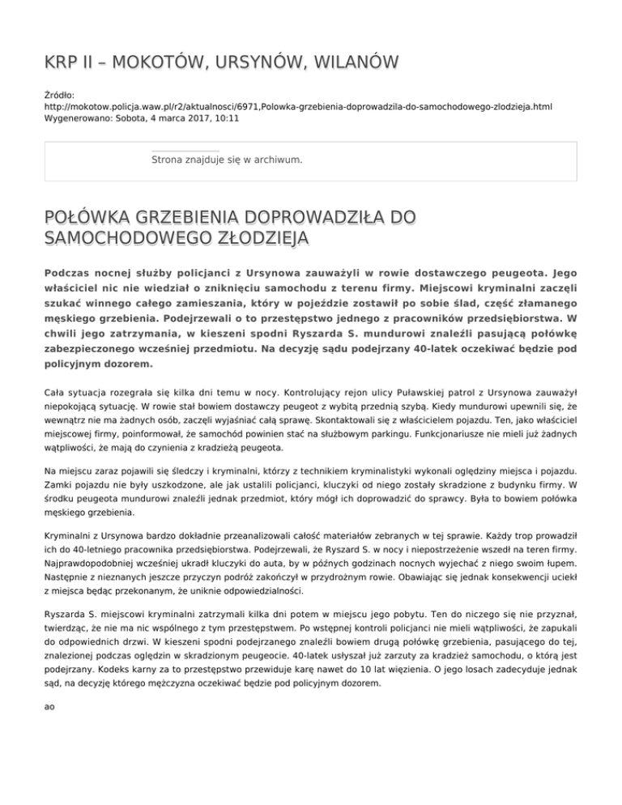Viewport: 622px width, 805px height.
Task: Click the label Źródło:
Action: pyautogui.click(x=59, y=94)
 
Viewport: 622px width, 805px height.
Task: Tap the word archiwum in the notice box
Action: pyautogui.click(x=275, y=160)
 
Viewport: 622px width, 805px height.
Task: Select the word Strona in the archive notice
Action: pyautogui.click(x=168, y=160)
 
